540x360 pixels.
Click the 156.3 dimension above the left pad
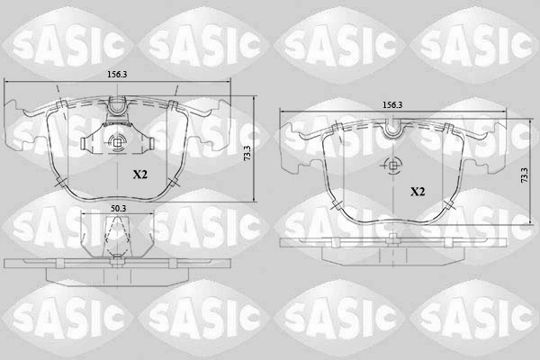tap(117, 75)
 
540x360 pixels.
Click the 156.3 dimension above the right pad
tap(392, 105)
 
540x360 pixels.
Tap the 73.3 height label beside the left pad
tap(247, 153)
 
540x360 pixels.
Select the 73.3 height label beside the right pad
tap(524, 175)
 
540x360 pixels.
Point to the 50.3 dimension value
tap(118, 209)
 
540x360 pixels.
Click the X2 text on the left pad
tap(140, 175)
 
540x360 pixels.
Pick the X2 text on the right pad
tap(418, 192)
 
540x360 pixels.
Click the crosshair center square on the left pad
tap(117, 142)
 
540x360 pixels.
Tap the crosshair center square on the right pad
tap(393, 166)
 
